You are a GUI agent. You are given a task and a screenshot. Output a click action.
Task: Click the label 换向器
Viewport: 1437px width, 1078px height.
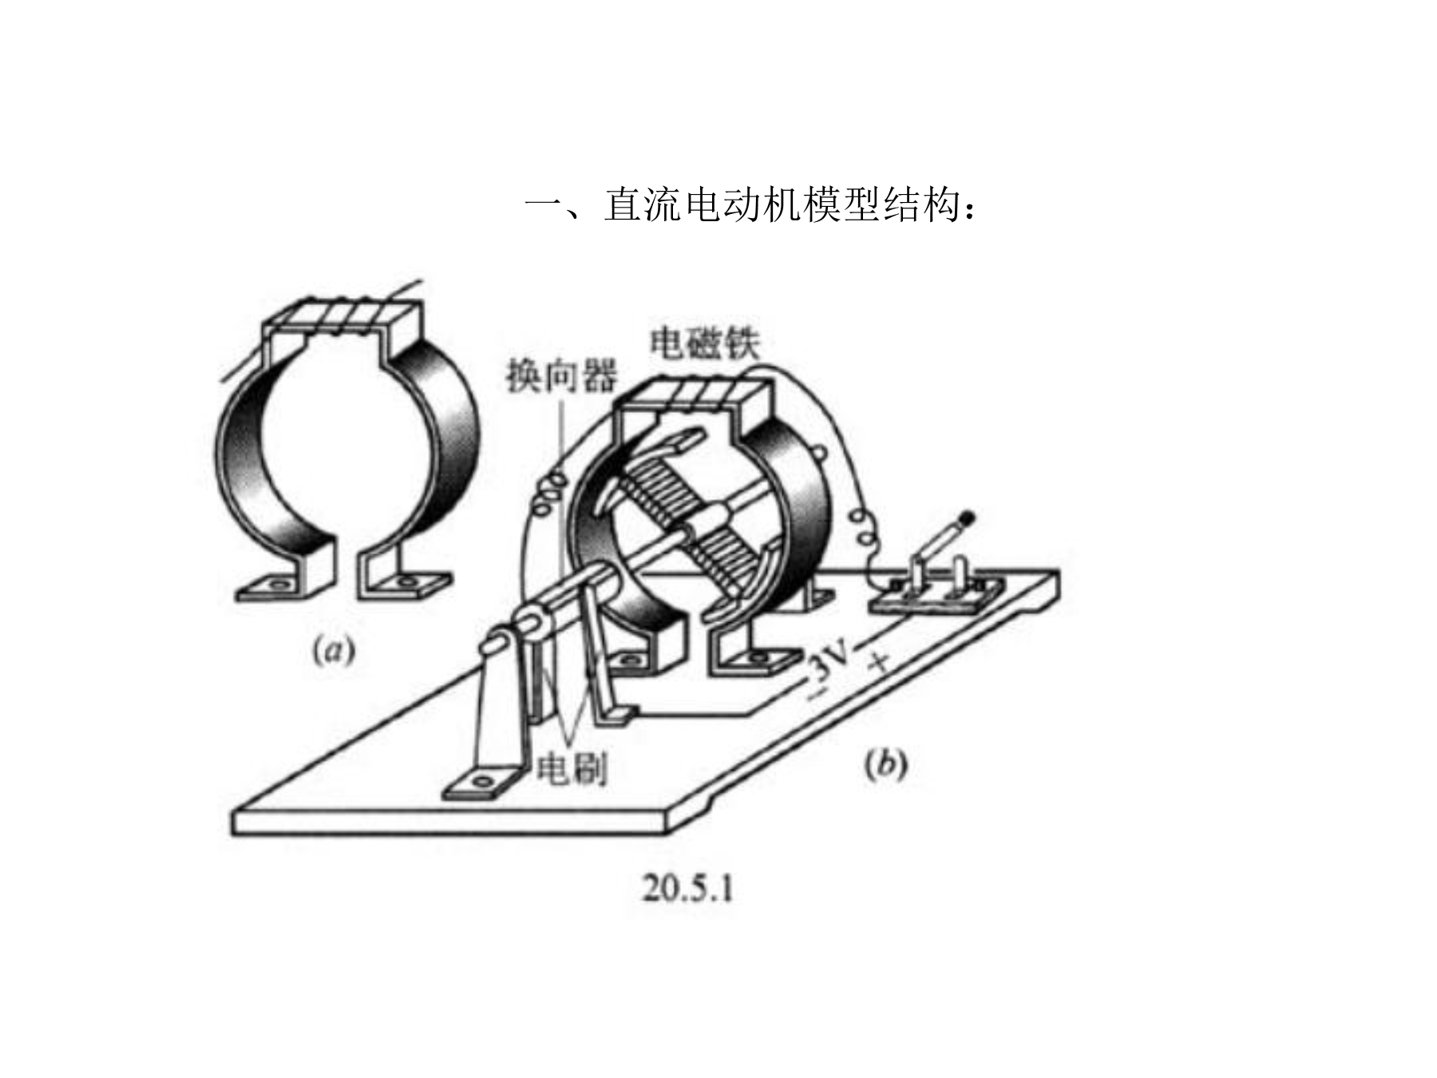[x=561, y=375]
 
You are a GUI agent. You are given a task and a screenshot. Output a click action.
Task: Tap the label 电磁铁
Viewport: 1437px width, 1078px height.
[x=705, y=343]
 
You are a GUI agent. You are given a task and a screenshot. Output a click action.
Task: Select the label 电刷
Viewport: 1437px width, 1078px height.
[x=571, y=769]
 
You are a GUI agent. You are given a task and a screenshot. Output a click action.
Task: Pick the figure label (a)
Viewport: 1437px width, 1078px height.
[x=333, y=651]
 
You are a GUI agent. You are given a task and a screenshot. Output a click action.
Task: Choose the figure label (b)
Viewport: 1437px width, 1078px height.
[x=885, y=764]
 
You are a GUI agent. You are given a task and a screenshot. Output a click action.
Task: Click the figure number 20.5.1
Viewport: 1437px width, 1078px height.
[x=687, y=889]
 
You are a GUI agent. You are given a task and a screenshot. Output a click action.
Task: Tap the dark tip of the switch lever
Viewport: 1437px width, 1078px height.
[x=968, y=519]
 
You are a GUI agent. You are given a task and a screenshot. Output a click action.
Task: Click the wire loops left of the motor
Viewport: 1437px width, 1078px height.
[x=549, y=495]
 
